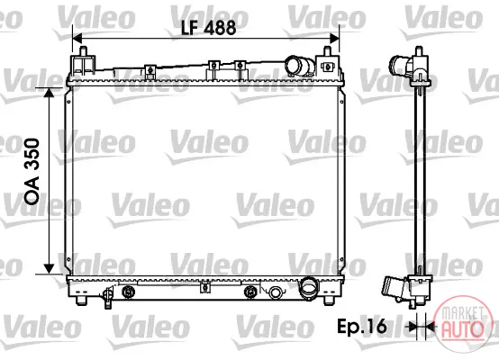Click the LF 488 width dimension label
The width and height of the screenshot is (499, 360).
coord(208,28)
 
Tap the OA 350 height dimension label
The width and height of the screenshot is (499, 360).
coord(32,171)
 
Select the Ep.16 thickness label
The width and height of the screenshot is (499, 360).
coord(362,327)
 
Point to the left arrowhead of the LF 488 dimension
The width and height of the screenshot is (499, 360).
coord(77,39)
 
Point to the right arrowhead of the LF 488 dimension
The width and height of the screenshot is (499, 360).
coord(334,39)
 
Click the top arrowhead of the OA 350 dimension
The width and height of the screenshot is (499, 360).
coord(49,92)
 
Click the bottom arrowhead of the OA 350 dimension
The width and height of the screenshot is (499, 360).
coord(49,269)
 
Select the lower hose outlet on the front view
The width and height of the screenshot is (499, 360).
coord(308,288)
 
